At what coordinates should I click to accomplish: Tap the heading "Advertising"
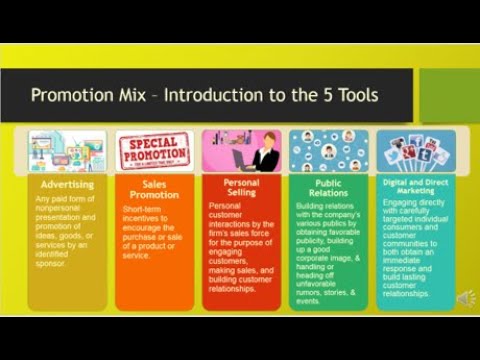tap(67, 185)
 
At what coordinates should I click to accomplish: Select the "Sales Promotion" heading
tap(154, 189)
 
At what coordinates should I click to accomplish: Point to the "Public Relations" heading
tap(328, 189)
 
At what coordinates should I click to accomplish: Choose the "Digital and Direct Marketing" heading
tap(415, 187)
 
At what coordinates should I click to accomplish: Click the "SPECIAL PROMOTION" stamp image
tap(154, 151)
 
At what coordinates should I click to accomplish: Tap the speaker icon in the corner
tap(466, 299)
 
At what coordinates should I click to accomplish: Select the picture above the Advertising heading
tap(67, 152)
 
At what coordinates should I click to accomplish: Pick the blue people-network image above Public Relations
tap(328, 151)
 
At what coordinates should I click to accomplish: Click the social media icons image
tap(415, 151)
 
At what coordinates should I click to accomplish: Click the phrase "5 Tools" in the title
tap(350, 96)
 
